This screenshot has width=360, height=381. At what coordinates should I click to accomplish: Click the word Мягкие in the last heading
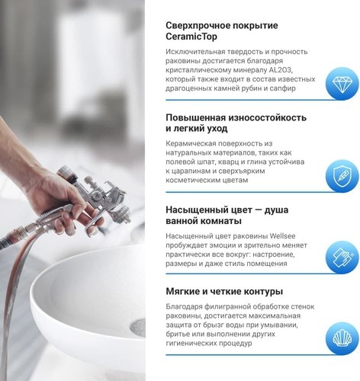click(x=185, y=291)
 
